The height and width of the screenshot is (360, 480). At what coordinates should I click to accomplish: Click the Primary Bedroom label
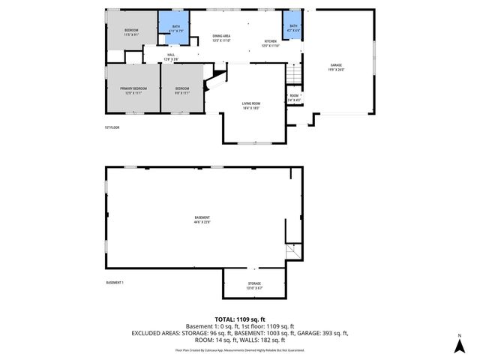pos(135,90)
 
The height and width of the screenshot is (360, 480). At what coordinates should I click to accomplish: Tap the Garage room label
pos(335,68)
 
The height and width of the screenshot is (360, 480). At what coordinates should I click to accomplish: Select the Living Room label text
pos(250,106)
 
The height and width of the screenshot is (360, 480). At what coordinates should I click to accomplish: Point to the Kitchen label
pos(270,43)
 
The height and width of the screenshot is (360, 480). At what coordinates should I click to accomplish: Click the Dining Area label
pos(221,38)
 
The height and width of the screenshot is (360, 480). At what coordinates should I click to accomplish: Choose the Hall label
pos(170,57)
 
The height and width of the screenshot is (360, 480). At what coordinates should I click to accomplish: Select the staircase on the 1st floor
pos(293,75)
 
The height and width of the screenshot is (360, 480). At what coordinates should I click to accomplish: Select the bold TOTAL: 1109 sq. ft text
pos(240,319)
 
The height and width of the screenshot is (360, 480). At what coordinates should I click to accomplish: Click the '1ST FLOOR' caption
pos(112,128)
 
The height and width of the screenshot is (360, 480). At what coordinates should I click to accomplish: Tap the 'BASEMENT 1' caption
pos(115,283)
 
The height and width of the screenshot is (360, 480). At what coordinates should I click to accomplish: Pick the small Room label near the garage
pos(294,97)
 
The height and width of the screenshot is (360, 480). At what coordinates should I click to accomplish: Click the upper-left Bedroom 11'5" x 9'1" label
pos(131,32)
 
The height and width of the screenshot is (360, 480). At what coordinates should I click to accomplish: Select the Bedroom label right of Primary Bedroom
pos(182,90)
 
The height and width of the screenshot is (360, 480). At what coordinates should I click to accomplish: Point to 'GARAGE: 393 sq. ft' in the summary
pos(324,332)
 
